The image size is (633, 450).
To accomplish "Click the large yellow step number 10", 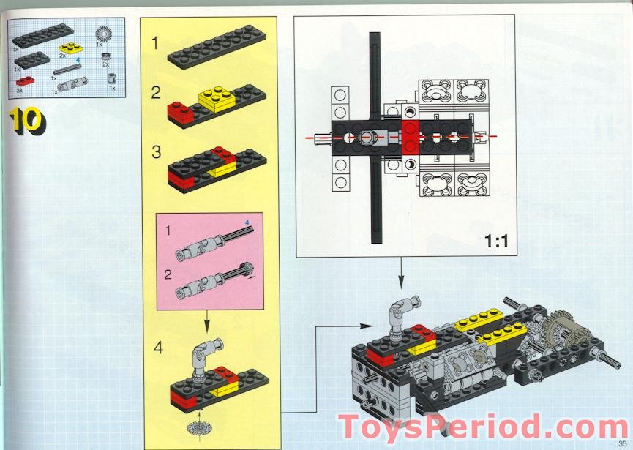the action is (27, 120).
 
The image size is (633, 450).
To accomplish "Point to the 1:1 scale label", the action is (496, 241).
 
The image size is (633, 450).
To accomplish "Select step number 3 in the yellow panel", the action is (156, 152).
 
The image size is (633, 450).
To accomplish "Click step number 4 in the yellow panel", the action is (158, 348).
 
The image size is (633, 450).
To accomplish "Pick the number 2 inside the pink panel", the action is (168, 275).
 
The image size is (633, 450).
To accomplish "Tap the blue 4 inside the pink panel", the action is (247, 222).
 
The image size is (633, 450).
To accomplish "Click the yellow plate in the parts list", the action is (71, 48).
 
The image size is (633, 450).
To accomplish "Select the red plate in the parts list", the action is (25, 81).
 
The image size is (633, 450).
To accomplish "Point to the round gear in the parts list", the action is (104, 34).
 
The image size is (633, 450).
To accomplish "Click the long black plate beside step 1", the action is (217, 48).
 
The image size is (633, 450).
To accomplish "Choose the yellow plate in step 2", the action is (217, 100).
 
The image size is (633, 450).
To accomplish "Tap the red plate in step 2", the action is (181, 112).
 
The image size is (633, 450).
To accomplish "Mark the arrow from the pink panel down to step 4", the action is (206, 322).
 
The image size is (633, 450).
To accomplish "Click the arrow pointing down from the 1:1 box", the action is (401, 273).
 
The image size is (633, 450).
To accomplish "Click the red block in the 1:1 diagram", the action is (410, 138).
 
